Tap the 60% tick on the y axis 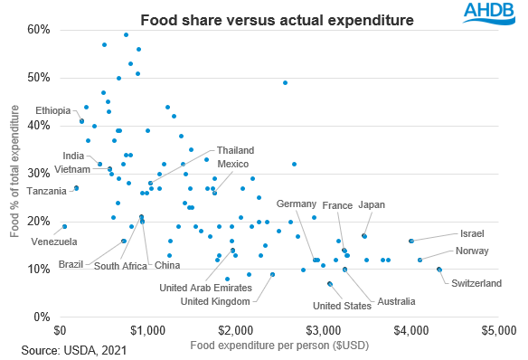pos(38,29)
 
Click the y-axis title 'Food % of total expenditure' pos(15,171)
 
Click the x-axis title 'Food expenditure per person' pos(277,345)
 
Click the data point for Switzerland pos(439,270)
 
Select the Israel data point pos(410,241)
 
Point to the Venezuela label pos(53,242)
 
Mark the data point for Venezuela pos(64,226)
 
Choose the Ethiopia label pos(53,110)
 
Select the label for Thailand pos(235,149)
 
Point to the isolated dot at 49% pos(286,82)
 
